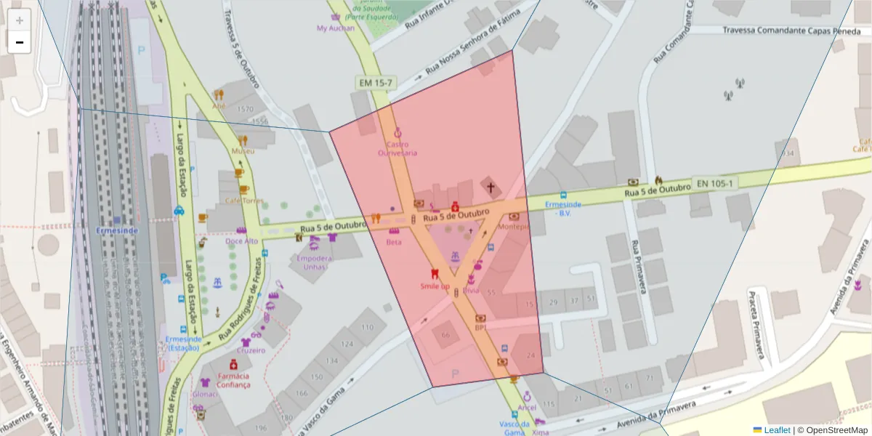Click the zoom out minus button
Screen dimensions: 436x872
pyautogui.click(x=20, y=42)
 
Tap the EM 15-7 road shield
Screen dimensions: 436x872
pyautogui.click(x=375, y=83)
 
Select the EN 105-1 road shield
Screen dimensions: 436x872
pyautogui.click(x=714, y=183)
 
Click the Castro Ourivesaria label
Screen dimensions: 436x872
pyautogui.click(x=397, y=148)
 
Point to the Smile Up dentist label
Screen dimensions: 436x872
pyautogui.click(x=435, y=286)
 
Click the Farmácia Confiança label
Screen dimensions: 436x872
pyautogui.click(x=233, y=380)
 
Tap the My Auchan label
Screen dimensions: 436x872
pyautogui.click(x=336, y=28)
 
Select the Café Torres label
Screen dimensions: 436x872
pyautogui.click(x=243, y=201)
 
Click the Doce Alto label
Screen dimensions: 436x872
pyautogui.click(x=241, y=241)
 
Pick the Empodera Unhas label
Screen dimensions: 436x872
pyautogui.click(x=315, y=262)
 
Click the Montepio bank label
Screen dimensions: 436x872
pyautogui.click(x=514, y=227)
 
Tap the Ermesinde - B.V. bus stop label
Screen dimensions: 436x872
pyautogui.click(x=563, y=209)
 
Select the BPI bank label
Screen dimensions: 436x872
pyautogui.click(x=480, y=327)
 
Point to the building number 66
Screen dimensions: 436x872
pyautogui.click(x=445, y=335)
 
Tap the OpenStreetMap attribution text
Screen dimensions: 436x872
pyautogui.click(x=832, y=429)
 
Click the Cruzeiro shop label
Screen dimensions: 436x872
pyautogui.click(x=251, y=350)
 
